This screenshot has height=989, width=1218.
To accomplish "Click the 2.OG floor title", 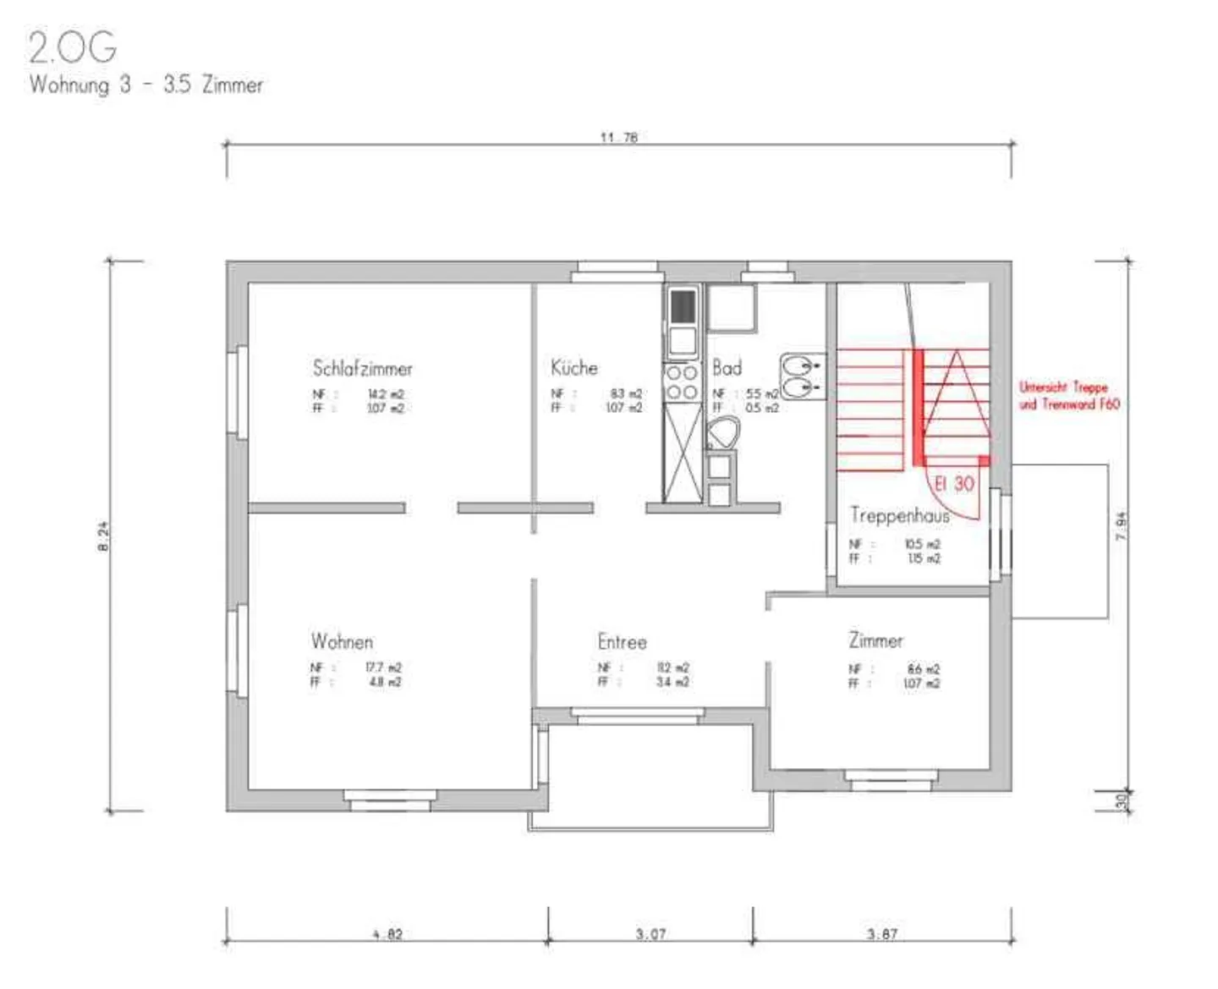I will [73, 47].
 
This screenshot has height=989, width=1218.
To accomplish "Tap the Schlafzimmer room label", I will [362, 369].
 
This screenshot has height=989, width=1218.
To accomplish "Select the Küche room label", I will [574, 368].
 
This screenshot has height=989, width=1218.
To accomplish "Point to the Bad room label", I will [727, 368].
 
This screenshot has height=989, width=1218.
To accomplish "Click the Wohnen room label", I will [342, 641].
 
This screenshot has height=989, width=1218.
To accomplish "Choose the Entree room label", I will [622, 642].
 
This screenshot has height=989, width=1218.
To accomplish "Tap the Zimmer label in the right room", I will [875, 640].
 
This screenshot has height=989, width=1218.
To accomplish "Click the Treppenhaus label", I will [899, 515].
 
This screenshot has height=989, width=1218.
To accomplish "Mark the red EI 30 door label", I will [954, 484].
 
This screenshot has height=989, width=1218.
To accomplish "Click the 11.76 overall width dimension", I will [618, 137].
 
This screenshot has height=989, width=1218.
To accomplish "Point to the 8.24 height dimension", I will [103, 536].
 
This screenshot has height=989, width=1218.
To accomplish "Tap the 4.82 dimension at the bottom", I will [387, 934].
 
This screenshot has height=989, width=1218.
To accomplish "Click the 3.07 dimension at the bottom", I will [650, 934].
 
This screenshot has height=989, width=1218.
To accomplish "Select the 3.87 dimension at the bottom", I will [881, 934].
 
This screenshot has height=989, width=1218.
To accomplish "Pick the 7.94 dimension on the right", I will [1122, 526].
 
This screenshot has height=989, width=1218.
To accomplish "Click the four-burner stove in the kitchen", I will [682, 382].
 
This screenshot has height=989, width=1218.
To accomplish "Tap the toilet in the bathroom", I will [722, 436].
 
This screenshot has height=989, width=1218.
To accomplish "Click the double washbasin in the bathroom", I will [800, 377].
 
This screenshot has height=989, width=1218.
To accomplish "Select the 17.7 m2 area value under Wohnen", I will [383, 668].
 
